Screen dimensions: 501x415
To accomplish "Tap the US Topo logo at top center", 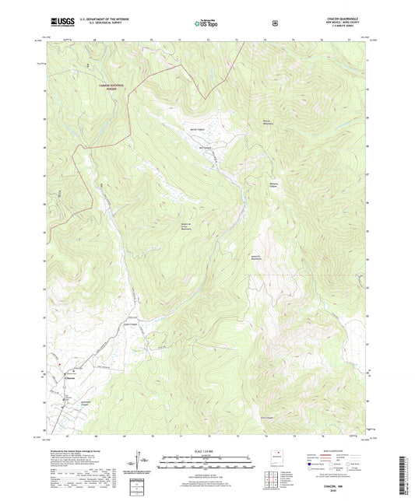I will tap(206, 24).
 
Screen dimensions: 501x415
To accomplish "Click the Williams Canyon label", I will tap(274, 185).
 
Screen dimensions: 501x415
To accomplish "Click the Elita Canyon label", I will tap(263, 416).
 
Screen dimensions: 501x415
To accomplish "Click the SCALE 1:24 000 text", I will tap(206, 452).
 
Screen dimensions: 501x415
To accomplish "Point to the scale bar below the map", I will tap(206, 464).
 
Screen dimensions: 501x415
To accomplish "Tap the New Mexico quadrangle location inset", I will tap(276, 458).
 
